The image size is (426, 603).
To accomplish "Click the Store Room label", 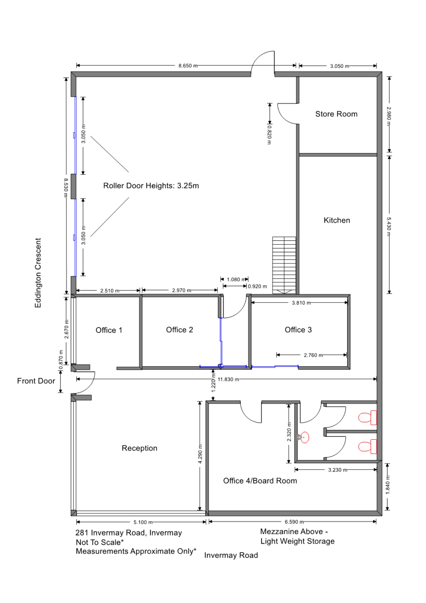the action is click(336, 114).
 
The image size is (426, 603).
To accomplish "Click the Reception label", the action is click(139, 448).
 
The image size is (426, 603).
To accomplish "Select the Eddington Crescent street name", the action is click(38, 273).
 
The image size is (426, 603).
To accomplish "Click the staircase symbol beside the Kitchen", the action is click(284, 265).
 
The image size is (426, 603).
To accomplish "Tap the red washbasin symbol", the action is click(304, 437).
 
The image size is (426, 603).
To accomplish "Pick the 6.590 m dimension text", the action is click(294, 522).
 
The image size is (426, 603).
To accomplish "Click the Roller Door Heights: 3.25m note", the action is click(151, 186).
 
